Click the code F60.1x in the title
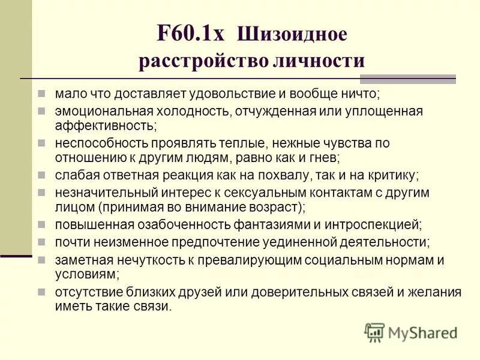coord(190,32)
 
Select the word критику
coord(387,175)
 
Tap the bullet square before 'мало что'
coord(41,94)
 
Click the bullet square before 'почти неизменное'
coord(41,241)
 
